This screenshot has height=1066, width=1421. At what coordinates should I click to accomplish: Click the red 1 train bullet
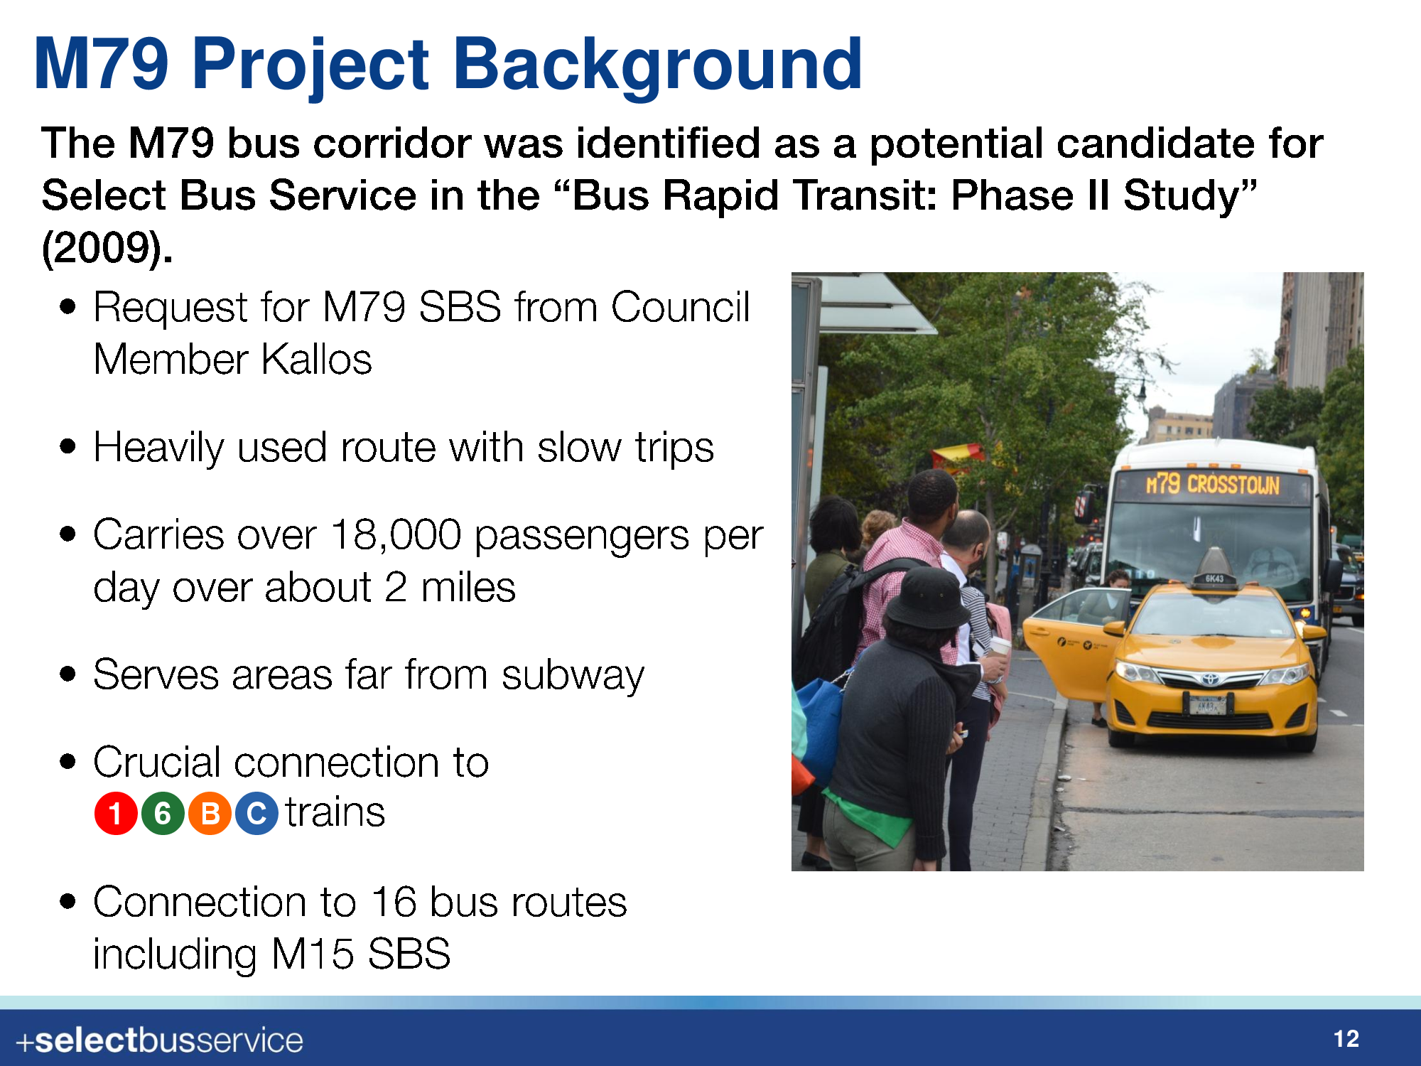pyautogui.click(x=116, y=813)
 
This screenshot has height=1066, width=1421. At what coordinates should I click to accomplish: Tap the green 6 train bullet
pyautogui.click(x=163, y=813)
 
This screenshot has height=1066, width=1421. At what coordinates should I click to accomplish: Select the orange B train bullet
pyautogui.click(x=210, y=813)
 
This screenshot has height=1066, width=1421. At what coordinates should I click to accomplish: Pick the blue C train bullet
pyautogui.click(x=256, y=813)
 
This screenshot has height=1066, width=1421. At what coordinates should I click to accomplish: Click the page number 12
pyautogui.click(x=1346, y=1040)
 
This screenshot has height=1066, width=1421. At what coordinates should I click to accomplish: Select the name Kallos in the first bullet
pyautogui.click(x=317, y=360)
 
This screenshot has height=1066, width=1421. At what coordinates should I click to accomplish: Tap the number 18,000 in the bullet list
pyautogui.click(x=396, y=534)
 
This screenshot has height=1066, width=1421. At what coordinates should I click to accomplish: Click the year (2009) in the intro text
pyautogui.click(x=107, y=248)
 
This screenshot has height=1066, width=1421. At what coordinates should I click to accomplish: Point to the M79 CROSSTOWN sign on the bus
pyautogui.click(x=1212, y=485)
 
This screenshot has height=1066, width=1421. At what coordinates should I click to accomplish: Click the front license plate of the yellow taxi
pyautogui.click(x=1208, y=705)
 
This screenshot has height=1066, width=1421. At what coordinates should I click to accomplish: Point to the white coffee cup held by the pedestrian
pyautogui.click(x=1000, y=650)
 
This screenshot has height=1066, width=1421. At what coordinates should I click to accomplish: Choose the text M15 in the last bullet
pyautogui.click(x=313, y=954)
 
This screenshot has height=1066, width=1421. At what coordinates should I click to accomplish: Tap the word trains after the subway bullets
pyautogui.click(x=335, y=812)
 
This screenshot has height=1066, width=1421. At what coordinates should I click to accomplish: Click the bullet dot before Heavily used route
pyautogui.click(x=68, y=447)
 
